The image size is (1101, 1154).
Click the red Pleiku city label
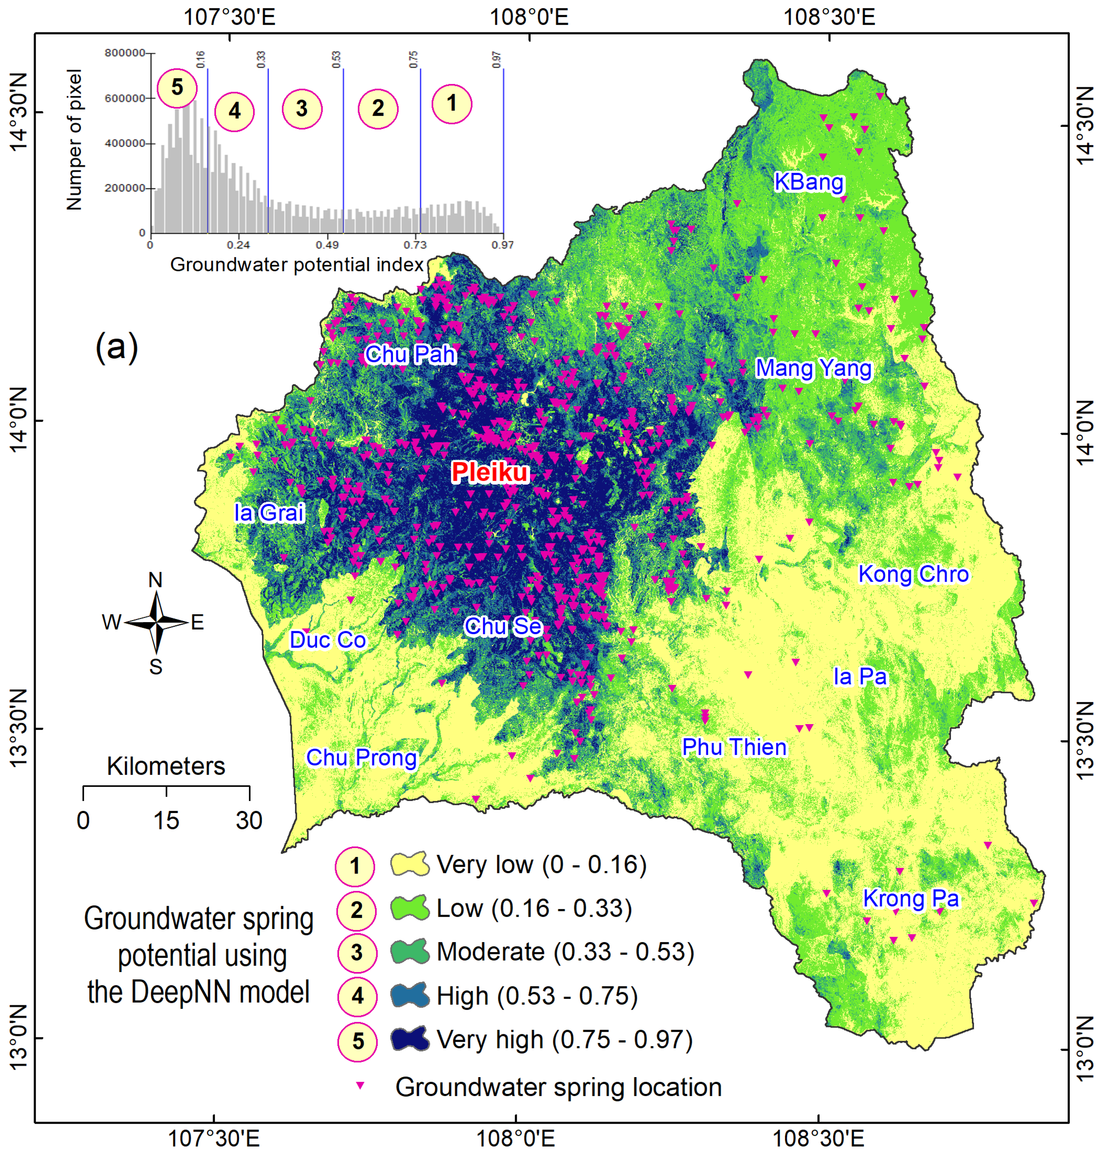(x=490, y=472)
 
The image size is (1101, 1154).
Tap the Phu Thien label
(x=734, y=747)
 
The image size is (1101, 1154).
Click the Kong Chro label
(x=913, y=574)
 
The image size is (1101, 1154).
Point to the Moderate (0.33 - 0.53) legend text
(x=565, y=952)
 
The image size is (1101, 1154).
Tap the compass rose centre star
(x=156, y=622)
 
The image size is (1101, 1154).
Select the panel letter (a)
(x=117, y=347)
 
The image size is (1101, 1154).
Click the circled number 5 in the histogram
(x=177, y=88)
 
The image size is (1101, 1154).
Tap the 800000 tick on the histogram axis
(x=124, y=53)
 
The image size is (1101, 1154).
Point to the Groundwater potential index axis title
(x=296, y=265)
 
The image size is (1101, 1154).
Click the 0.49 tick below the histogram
(x=327, y=245)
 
